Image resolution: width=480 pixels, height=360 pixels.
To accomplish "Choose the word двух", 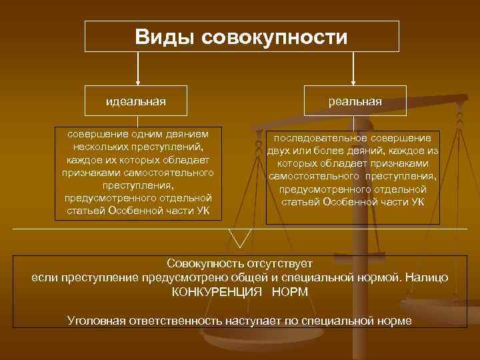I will point(281,151).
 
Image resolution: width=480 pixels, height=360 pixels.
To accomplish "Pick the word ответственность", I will point(175,321).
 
